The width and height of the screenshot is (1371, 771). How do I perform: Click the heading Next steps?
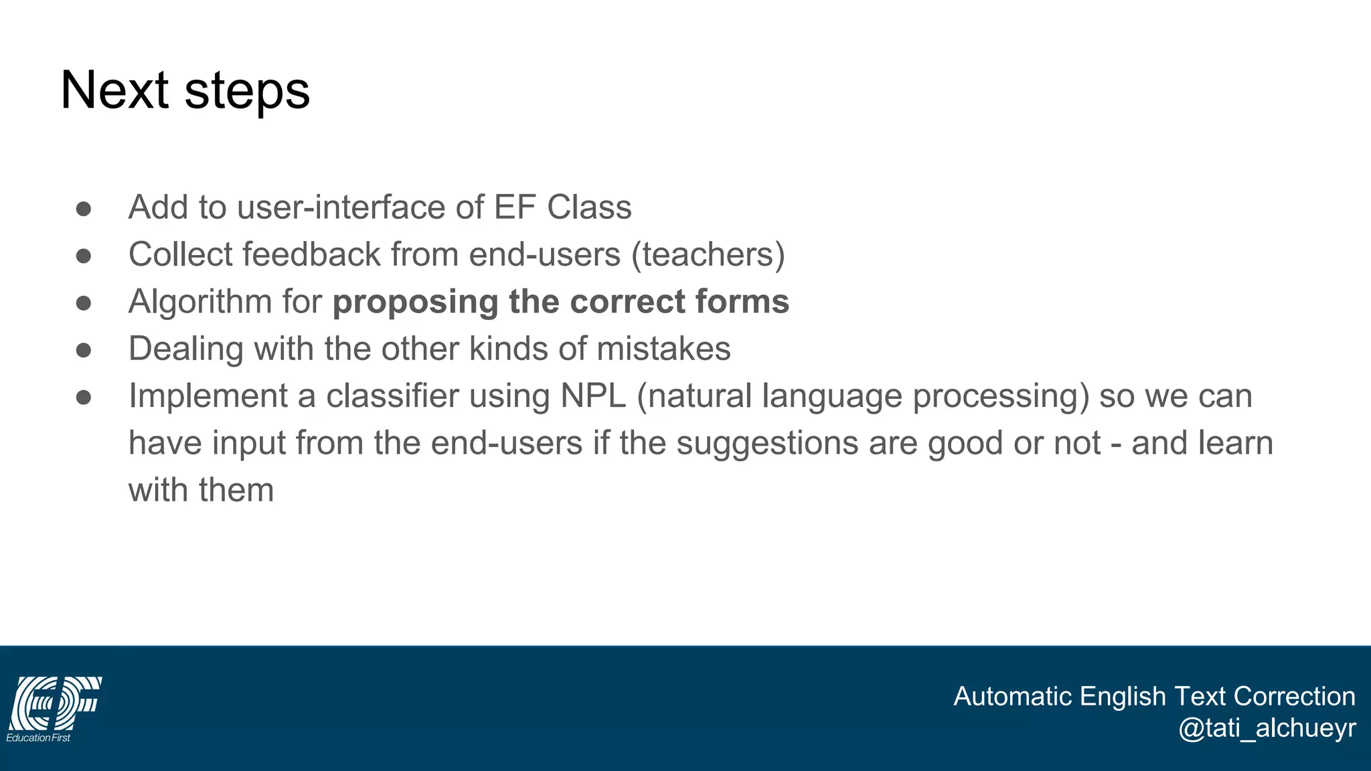tap(185, 90)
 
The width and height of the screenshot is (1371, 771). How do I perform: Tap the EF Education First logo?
tap(54, 709)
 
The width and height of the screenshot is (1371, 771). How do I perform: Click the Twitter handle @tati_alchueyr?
tap(1267, 728)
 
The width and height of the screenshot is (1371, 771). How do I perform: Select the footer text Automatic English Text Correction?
tap(1153, 696)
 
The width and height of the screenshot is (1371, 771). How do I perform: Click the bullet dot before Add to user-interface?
tap(84, 209)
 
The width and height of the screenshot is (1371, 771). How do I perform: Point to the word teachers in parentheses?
tap(709, 255)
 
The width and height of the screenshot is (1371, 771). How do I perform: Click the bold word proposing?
tap(415, 302)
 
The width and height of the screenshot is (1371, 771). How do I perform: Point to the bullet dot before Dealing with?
tap(84, 350)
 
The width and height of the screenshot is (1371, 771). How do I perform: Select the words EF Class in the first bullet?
tap(562, 207)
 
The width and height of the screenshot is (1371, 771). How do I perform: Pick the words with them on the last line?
tap(201, 490)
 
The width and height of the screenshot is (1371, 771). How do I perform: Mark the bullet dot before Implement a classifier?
tap(84, 398)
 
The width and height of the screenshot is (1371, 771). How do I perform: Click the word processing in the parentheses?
tap(1001, 396)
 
